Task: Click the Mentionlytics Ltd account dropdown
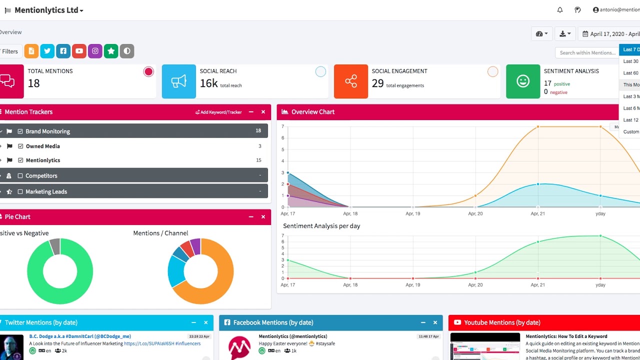[x=48, y=10]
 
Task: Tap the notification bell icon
[x=560, y=10]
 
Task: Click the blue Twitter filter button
[x=47, y=51]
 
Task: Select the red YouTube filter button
[x=79, y=51]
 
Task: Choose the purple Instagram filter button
[x=95, y=51]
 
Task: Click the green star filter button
[x=111, y=51]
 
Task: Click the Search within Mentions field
[x=586, y=52]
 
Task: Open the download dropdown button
[x=565, y=34]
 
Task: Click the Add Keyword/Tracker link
[x=218, y=112]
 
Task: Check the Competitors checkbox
[x=20, y=176]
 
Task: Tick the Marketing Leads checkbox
[x=20, y=191]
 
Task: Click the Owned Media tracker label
[x=42, y=146]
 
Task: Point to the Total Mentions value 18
[x=33, y=83]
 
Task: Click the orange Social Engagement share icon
[x=351, y=81]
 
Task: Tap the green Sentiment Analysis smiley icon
[x=523, y=81]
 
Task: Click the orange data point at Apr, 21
[x=538, y=126]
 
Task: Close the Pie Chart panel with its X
[x=263, y=217]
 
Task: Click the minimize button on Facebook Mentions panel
[x=423, y=322]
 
